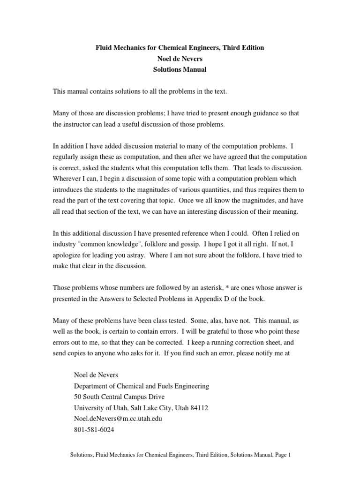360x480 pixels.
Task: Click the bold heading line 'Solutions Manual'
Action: pos(180,70)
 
